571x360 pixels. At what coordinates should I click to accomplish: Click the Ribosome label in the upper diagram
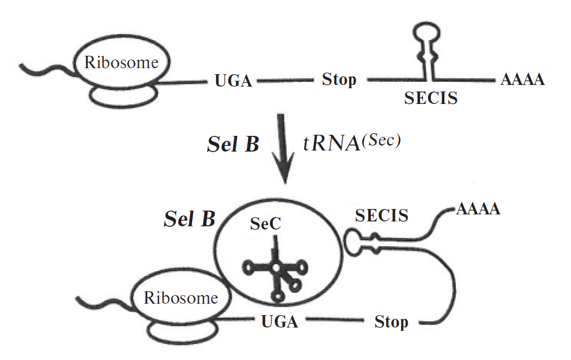(x=121, y=62)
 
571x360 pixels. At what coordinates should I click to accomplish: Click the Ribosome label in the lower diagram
(x=181, y=297)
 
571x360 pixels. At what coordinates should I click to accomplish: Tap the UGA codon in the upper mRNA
(x=233, y=82)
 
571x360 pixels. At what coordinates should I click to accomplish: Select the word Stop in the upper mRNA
(x=339, y=80)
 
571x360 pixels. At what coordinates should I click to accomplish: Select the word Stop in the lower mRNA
(x=391, y=323)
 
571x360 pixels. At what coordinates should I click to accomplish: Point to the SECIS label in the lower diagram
(x=382, y=216)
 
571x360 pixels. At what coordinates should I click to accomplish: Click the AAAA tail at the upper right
(x=522, y=81)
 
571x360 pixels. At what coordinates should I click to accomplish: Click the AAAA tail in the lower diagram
(x=478, y=209)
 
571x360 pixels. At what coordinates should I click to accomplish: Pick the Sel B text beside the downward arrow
(x=233, y=145)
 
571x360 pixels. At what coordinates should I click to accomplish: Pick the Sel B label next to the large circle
(x=189, y=219)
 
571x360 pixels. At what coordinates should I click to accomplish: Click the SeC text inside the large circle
(x=265, y=225)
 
